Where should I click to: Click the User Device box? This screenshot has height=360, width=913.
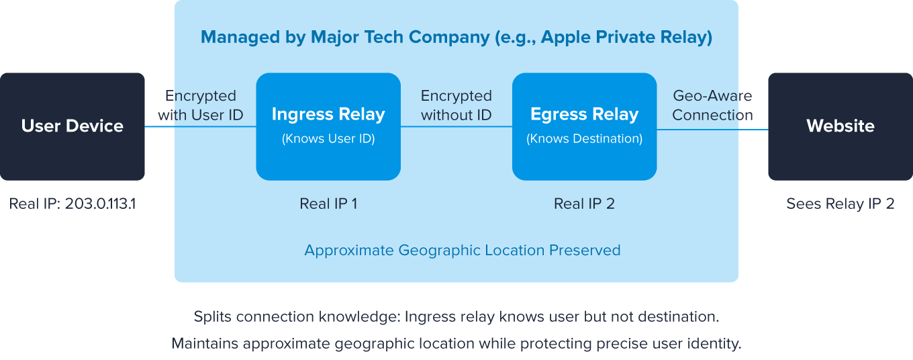pos(73,126)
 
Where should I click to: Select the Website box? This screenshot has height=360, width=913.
pos(840,126)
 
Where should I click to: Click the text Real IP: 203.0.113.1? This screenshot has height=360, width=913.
pos(73,204)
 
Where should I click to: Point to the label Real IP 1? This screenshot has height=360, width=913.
pos(328,204)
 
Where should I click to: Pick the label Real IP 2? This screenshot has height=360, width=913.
pos(584,204)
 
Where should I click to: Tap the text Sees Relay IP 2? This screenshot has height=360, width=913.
pos(840,204)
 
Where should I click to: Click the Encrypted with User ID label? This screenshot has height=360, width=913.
pos(200,105)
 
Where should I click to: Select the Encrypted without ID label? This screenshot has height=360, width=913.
pos(456,105)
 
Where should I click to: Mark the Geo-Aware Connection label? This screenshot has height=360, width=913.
pos(712,105)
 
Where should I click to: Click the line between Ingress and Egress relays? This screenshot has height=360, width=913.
pos(456,127)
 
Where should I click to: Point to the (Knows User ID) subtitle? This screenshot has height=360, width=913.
pos(328,139)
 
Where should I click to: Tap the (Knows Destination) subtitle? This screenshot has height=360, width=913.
pos(584,139)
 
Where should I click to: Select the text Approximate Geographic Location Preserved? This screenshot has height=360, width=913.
pos(462,251)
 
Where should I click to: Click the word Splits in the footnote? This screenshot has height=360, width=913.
pos(212,316)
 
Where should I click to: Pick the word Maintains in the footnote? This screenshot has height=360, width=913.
pos(204,344)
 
